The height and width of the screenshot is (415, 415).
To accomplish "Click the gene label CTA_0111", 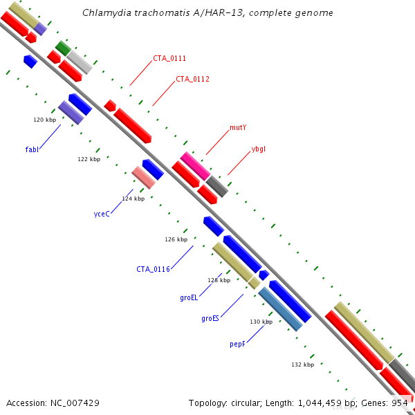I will click(x=169, y=59).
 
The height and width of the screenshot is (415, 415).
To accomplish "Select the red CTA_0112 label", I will click(x=192, y=79).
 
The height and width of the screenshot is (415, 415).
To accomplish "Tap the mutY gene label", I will click(x=238, y=128).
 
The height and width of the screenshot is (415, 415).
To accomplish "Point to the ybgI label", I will click(x=258, y=149).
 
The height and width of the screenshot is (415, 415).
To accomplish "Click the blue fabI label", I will click(x=32, y=149).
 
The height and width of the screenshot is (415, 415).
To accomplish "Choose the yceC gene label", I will click(x=102, y=214).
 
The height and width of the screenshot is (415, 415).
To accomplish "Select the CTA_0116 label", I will click(x=153, y=269).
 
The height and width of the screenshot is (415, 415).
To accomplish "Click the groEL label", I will click(x=189, y=297).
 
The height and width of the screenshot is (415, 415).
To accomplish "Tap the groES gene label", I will click(x=210, y=319).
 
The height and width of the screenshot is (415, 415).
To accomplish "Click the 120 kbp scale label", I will click(x=44, y=120).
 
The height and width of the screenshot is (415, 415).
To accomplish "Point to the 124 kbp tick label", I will click(x=133, y=199).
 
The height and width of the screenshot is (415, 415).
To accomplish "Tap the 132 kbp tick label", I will click(x=302, y=365).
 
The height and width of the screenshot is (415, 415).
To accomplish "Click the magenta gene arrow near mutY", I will click(x=195, y=165).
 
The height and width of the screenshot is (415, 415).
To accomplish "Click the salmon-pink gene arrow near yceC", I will click(x=143, y=178).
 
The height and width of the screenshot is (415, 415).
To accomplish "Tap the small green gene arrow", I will click(x=62, y=48).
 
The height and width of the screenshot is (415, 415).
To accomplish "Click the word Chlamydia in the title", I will click(x=104, y=12).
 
